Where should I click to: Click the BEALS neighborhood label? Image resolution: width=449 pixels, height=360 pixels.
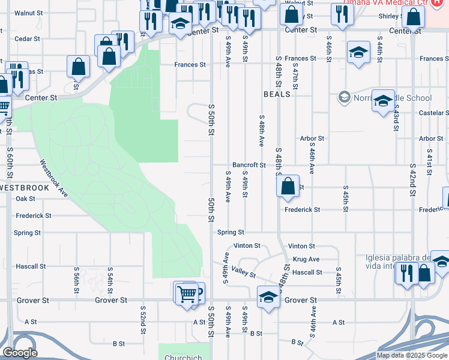click(x=277, y=94)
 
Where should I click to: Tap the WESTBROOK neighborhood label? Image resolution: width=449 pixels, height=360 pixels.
click(x=24, y=188)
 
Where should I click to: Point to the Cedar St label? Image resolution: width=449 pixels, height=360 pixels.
click(x=27, y=38)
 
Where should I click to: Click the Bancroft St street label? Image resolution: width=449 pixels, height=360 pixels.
click(x=249, y=165)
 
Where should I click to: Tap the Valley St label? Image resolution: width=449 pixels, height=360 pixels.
click(x=244, y=272)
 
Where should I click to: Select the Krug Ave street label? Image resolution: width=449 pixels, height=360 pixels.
click(x=306, y=259)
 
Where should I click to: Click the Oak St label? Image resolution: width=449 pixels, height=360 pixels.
click(x=26, y=199)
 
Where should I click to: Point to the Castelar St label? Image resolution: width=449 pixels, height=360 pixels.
click(x=433, y=113)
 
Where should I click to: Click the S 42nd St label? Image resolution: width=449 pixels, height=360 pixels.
click(x=413, y=178)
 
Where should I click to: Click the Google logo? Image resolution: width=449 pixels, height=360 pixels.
click(x=20, y=353)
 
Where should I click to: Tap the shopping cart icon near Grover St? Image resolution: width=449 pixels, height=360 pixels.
click(x=187, y=294)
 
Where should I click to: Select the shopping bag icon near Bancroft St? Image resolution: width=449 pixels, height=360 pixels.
click(x=288, y=187)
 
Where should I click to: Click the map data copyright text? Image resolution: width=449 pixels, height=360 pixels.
click(x=412, y=355)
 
